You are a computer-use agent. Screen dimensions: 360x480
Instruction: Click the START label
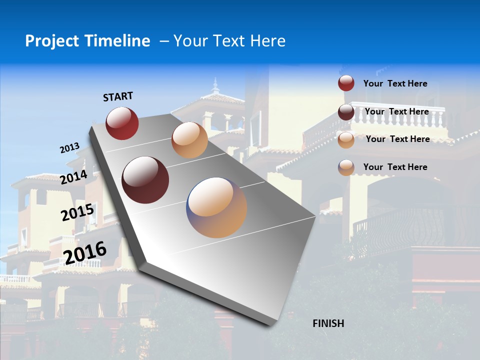pos(118,96)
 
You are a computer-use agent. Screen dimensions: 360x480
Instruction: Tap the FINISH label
pos(328,323)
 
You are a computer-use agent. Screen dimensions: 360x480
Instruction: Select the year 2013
pos(69,148)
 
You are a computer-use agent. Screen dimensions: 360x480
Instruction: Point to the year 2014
pos(73,177)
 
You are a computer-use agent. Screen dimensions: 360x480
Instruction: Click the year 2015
pos(77,212)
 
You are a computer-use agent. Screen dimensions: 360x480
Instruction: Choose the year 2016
pos(85,252)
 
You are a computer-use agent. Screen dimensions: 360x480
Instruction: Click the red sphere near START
pos(122,123)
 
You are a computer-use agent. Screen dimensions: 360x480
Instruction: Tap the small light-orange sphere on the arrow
pos(189,140)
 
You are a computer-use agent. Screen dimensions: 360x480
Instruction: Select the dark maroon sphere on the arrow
pos(145,180)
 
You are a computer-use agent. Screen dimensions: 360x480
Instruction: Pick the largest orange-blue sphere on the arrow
pos(216,207)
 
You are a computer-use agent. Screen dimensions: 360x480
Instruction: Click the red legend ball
pos(346,83)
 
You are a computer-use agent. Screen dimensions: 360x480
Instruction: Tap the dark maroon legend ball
pos(346,112)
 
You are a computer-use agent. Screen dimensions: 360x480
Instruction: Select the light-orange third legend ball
pos(346,139)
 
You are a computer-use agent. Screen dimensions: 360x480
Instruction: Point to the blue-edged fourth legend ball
pos(346,167)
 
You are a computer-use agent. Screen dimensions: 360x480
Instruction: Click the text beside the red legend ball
pos(395,83)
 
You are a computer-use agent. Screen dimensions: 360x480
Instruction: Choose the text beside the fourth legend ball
pos(395,167)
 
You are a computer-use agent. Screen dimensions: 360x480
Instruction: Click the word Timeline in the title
pos(118,41)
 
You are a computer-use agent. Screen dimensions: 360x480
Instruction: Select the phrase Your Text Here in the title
pos(229,41)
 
